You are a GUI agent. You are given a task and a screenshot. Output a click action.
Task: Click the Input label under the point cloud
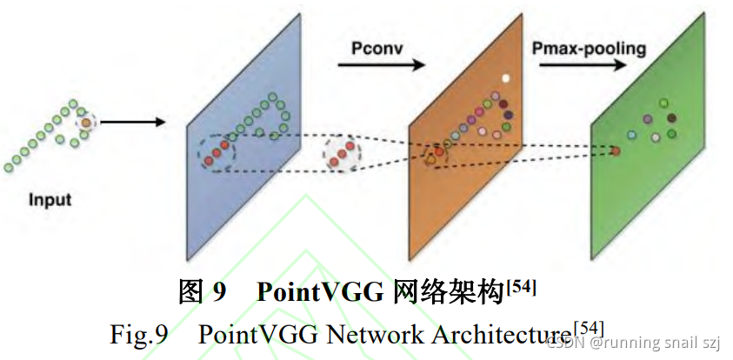click(50, 200)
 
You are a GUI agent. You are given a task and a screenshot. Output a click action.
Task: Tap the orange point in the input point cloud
click(86, 123)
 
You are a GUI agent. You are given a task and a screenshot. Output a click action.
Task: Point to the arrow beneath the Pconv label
click(380, 65)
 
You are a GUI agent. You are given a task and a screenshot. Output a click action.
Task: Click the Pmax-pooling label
click(589, 48)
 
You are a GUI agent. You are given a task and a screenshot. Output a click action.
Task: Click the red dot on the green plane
click(616, 151)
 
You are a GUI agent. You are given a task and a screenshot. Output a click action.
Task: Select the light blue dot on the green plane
click(630, 135)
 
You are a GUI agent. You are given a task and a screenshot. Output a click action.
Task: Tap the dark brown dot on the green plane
click(671, 117)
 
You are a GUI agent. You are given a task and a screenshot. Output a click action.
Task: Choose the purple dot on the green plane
click(648, 118)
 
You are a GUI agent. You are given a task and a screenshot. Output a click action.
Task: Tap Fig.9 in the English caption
click(138, 335)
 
